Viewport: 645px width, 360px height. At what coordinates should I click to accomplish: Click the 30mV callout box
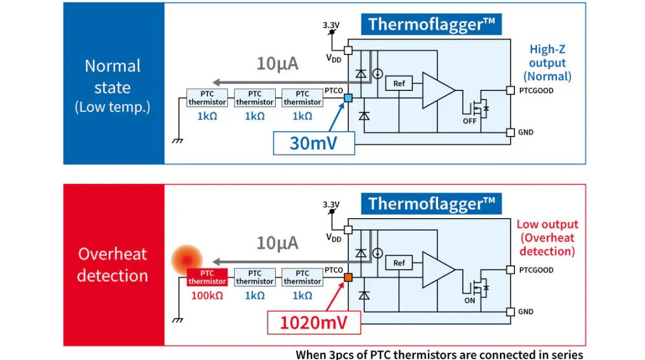[314, 144]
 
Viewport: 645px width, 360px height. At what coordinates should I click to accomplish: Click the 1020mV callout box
[314, 323]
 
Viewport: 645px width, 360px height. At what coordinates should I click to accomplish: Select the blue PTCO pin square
[348, 98]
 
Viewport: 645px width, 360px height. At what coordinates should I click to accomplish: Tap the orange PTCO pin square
[348, 277]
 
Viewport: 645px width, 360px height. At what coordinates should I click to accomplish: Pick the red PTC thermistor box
[207, 277]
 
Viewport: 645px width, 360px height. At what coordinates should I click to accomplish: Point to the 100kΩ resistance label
[207, 295]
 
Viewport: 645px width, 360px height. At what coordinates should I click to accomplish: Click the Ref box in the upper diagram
[399, 84]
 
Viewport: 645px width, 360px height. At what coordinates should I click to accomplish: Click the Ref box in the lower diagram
[399, 263]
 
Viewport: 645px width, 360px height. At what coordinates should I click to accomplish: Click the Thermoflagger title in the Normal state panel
[431, 25]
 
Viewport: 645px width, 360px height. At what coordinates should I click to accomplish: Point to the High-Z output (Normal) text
[547, 63]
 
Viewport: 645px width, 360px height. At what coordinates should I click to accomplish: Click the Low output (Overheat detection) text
[547, 238]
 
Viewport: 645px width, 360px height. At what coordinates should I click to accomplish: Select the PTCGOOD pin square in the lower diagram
[510, 270]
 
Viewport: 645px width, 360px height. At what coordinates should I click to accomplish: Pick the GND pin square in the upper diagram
[510, 132]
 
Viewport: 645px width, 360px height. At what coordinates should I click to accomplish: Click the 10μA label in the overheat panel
[277, 243]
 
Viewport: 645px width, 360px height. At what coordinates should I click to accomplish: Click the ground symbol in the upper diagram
[177, 140]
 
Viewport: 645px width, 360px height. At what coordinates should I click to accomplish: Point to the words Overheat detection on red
[113, 265]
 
